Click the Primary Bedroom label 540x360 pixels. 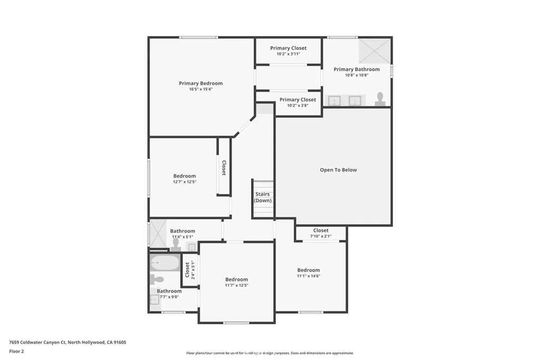pos(200,83)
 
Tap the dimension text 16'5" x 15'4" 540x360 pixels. pos(200,90)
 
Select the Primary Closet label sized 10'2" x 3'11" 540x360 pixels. pos(288,48)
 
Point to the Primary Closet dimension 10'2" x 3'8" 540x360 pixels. pos(297,105)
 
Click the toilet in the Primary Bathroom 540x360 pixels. pos(380,99)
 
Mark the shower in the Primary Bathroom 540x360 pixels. pos(374,51)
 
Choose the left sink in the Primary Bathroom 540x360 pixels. pos(334,101)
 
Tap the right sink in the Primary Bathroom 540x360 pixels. pos(355,101)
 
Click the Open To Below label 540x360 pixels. pos(338,170)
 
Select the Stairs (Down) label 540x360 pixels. pos(263,197)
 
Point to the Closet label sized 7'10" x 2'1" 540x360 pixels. pos(321,230)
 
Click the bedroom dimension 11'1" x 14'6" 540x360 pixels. pos(308,276)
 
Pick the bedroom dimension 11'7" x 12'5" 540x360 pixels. pos(236,285)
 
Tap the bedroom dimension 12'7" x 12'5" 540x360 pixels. pos(185,182)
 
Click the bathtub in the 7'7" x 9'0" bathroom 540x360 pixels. pos(165,262)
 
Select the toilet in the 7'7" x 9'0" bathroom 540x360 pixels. pos(157,279)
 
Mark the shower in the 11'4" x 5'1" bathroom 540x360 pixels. pos(158,233)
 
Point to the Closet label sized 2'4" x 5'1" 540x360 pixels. pos(187,270)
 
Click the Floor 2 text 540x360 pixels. pos(17,351)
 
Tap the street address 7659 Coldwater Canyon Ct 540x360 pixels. pos(38,342)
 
